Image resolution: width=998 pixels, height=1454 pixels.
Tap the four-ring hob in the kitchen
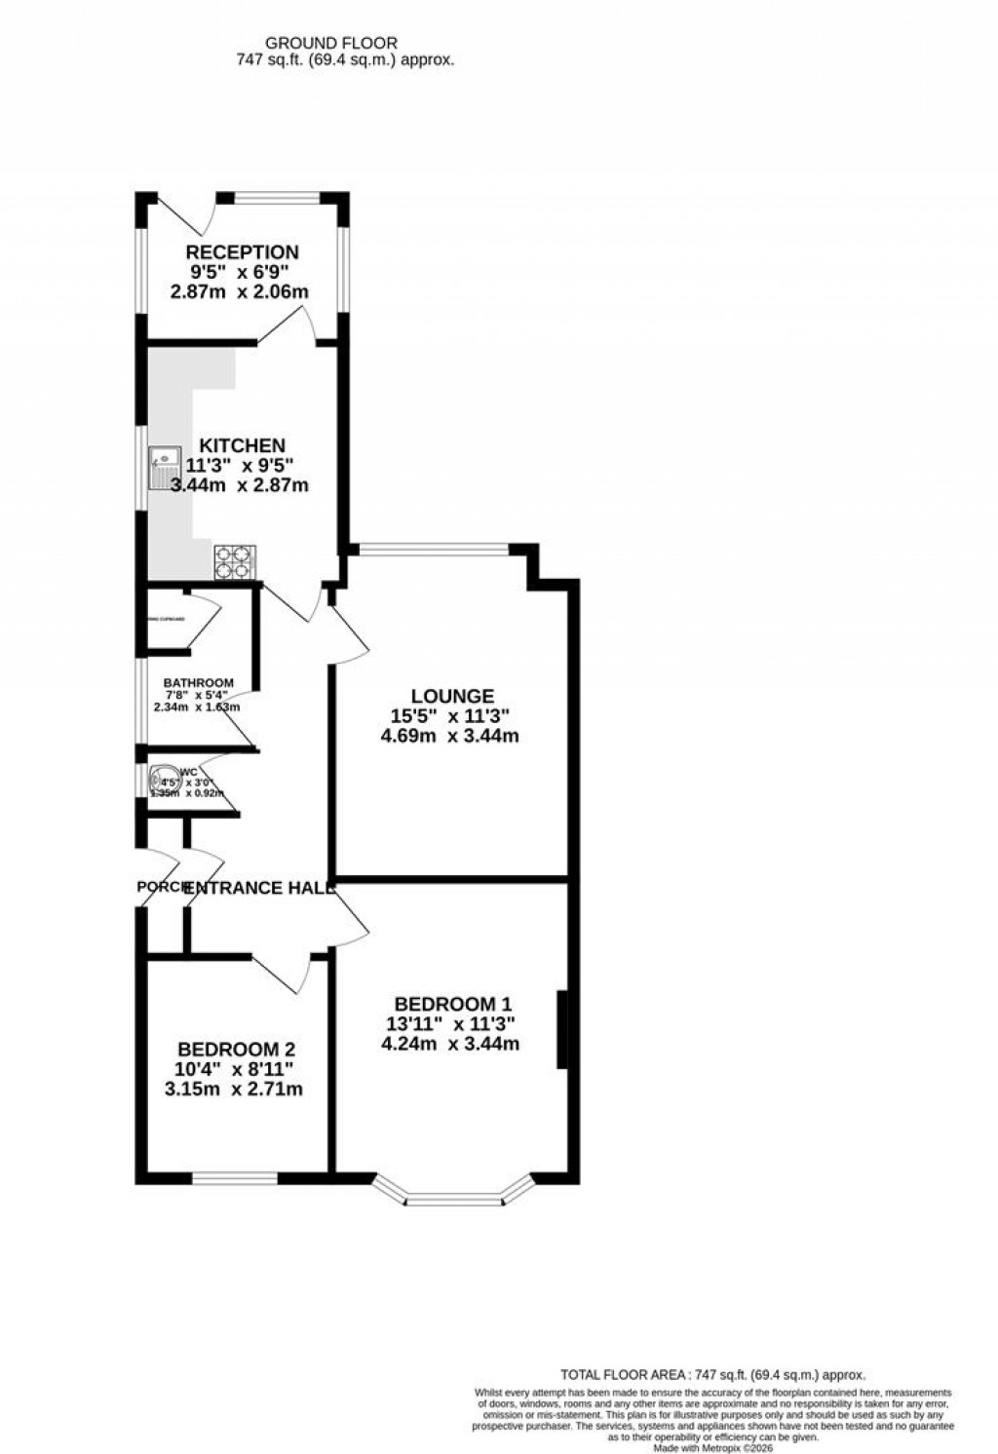(x=234, y=562)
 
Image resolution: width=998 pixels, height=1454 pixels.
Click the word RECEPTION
(x=243, y=252)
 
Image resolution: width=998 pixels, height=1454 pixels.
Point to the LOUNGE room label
(x=452, y=696)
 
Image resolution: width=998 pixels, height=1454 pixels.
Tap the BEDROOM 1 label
(x=452, y=1004)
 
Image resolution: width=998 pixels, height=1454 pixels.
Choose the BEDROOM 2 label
(x=236, y=1050)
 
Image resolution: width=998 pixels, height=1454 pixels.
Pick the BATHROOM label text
(x=198, y=682)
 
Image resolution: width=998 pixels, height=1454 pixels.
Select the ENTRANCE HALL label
(x=259, y=888)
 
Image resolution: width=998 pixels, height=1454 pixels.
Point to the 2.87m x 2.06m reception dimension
(x=240, y=291)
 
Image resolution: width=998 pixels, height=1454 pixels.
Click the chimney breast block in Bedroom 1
(x=562, y=1030)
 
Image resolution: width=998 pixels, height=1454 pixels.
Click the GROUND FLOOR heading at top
(x=331, y=43)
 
